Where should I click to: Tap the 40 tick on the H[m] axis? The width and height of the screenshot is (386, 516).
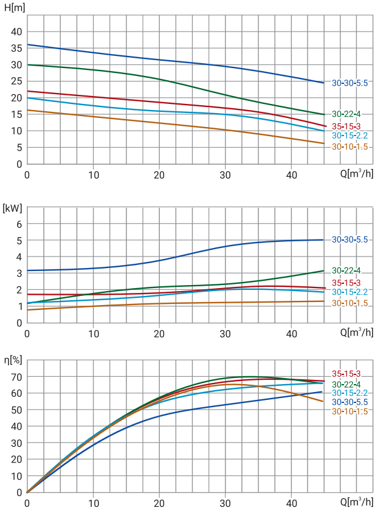pos(16,32)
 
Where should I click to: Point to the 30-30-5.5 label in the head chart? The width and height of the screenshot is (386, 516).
pos(350,83)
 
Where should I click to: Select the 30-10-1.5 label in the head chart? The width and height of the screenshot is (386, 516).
pos(350,147)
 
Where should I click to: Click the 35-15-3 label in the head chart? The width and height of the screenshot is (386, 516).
pos(346,126)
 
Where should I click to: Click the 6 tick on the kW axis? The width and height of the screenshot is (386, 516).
pos(19,224)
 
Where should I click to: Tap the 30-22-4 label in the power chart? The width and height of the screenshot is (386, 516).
pos(346,270)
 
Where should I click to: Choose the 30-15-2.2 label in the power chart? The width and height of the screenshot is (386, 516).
pos(350,292)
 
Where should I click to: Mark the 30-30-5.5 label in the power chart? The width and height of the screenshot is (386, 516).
pos(350,239)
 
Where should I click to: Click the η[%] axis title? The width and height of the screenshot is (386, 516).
pos(13,360)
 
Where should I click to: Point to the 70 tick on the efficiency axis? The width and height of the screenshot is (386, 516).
pos(16,377)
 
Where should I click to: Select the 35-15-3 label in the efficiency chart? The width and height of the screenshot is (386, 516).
pos(346,374)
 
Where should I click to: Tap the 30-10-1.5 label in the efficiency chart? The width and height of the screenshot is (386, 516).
pos(350,411)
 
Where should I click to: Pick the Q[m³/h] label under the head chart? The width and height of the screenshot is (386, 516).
pos(356,174)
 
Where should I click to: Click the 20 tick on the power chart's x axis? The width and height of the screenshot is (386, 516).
pos(159,334)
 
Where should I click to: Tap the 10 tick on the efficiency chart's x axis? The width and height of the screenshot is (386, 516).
pos(93,503)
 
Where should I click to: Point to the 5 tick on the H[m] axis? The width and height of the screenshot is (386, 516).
pos(19,147)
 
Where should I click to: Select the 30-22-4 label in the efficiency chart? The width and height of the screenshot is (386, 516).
pos(346,384)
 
